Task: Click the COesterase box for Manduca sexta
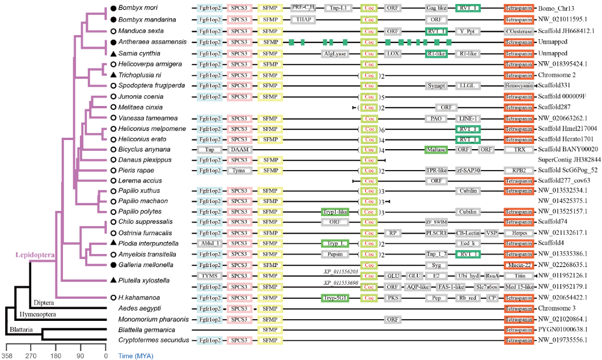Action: [x=518, y=31]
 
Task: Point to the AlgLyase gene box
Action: [x=334, y=54]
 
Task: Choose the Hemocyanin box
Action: [x=518, y=86]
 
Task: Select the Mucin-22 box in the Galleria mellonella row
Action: [x=518, y=265]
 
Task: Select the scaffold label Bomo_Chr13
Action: [x=558, y=9]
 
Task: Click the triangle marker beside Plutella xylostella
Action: [x=113, y=281]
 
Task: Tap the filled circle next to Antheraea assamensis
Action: [x=113, y=42]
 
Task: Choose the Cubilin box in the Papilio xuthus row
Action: [x=468, y=190]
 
